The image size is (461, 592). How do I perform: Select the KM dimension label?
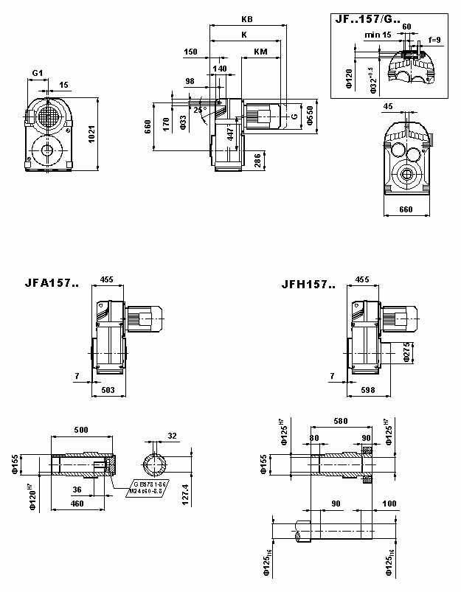pyautogui.click(x=260, y=52)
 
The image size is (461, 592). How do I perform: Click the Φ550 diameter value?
pyautogui.click(x=310, y=115)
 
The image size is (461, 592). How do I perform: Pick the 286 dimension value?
pyautogui.click(x=257, y=161)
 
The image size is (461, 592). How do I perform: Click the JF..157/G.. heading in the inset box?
pyautogui.click(x=368, y=21)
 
